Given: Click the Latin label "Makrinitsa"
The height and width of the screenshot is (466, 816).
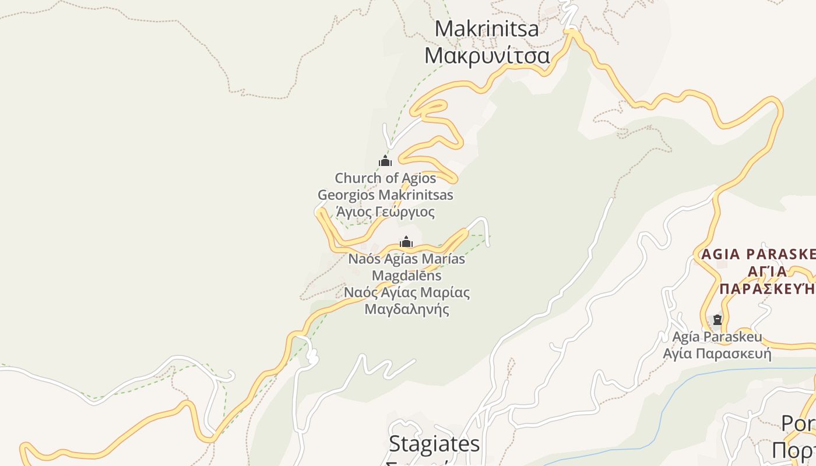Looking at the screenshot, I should click(x=487, y=29).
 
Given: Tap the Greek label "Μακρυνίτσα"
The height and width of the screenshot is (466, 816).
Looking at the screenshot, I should click(x=487, y=56).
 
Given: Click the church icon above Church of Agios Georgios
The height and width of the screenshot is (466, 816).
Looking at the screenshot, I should click(x=385, y=161).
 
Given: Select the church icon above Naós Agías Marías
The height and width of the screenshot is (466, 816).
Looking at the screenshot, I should click(x=406, y=242).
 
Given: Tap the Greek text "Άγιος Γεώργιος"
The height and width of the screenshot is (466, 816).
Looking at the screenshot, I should click(x=385, y=211).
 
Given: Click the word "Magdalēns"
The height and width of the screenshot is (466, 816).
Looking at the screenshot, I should click(x=406, y=276).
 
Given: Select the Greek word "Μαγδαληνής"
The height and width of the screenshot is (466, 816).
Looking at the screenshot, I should click(x=406, y=309).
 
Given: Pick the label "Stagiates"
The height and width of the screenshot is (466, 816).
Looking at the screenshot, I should click(x=434, y=444).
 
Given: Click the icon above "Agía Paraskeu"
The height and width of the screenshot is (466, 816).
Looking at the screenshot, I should click(x=717, y=320).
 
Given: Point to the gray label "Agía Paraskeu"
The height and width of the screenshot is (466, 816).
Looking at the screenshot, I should click(x=717, y=337).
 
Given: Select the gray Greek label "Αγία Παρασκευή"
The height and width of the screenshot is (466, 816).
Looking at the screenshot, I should click(x=717, y=354).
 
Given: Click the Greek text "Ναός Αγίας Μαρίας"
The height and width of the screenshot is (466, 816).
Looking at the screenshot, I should click(x=406, y=292).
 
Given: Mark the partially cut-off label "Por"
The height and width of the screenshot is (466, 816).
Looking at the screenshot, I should click(x=798, y=423).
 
